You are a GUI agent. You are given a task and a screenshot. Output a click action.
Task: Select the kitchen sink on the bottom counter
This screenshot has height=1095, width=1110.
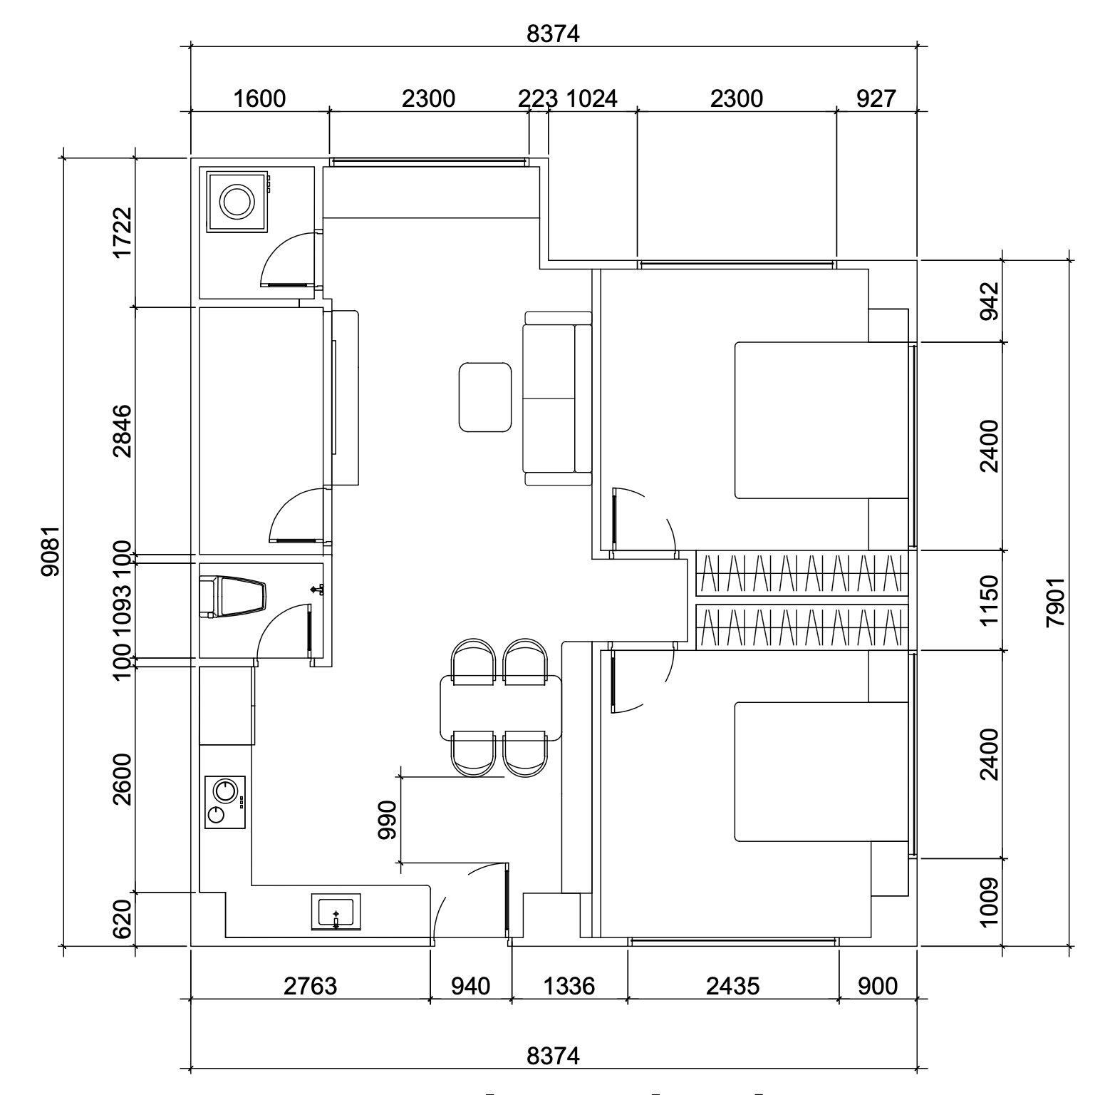tap(336, 912)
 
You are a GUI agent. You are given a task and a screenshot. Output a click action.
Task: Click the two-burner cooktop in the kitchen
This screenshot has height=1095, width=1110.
tap(225, 802)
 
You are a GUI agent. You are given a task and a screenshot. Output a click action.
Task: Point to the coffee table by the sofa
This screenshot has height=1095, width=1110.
tap(486, 397)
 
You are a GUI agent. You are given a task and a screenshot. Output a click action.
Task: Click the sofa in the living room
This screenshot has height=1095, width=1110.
tap(558, 399)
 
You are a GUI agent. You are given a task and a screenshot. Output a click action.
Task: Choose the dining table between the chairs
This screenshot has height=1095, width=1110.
tap(501, 708)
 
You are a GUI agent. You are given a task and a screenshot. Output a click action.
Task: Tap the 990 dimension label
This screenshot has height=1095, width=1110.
tap(387, 820)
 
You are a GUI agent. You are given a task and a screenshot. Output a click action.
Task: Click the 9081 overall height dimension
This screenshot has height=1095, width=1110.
tap(51, 551)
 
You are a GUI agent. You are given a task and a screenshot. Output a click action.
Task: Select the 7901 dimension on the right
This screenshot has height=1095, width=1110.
tap(1055, 602)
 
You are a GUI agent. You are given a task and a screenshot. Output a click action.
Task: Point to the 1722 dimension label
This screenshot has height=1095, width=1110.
tap(123, 232)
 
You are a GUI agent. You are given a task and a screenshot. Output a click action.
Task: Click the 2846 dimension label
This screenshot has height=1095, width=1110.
tap(123, 431)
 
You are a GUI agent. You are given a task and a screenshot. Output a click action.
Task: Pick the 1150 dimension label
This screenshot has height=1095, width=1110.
tap(990, 600)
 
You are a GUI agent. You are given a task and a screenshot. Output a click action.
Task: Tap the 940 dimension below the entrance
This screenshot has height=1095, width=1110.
tap(471, 986)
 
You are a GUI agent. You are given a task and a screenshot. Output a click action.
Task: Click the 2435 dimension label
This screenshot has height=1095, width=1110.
tap(733, 986)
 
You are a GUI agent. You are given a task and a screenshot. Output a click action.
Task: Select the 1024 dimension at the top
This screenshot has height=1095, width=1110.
tap(591, 98)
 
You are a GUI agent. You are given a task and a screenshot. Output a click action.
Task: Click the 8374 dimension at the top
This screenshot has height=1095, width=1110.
tap(554, 34)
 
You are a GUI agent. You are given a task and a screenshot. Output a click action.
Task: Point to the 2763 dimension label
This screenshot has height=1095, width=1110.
tap(310, 986)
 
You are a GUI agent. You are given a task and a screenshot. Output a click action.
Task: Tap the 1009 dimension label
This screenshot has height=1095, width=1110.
tap(990, 903)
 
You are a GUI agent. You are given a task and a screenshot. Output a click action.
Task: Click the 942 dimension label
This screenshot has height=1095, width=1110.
tap(990, 302)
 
